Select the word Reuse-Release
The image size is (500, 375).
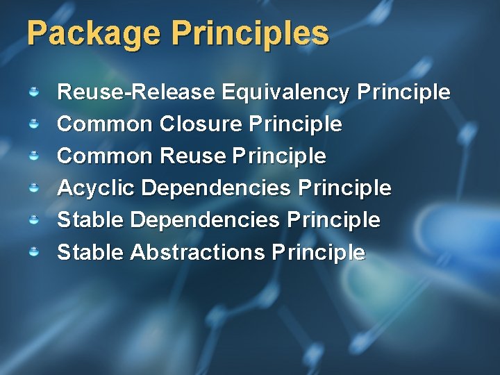[x=136, y=92]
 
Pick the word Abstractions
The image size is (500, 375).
[x=197, y=252]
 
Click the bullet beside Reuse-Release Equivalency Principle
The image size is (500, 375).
[x=33, y=92]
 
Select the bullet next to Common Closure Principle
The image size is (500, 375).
[x=33, y=124]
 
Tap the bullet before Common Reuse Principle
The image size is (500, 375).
[x=33, y=156]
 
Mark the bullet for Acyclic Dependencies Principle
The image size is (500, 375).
[x=33, y=187]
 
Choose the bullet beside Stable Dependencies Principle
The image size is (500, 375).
[x=33, y=219]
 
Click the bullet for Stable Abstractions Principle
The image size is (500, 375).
[x=33, y=251]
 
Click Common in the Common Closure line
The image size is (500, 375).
[x=105, y=124]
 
